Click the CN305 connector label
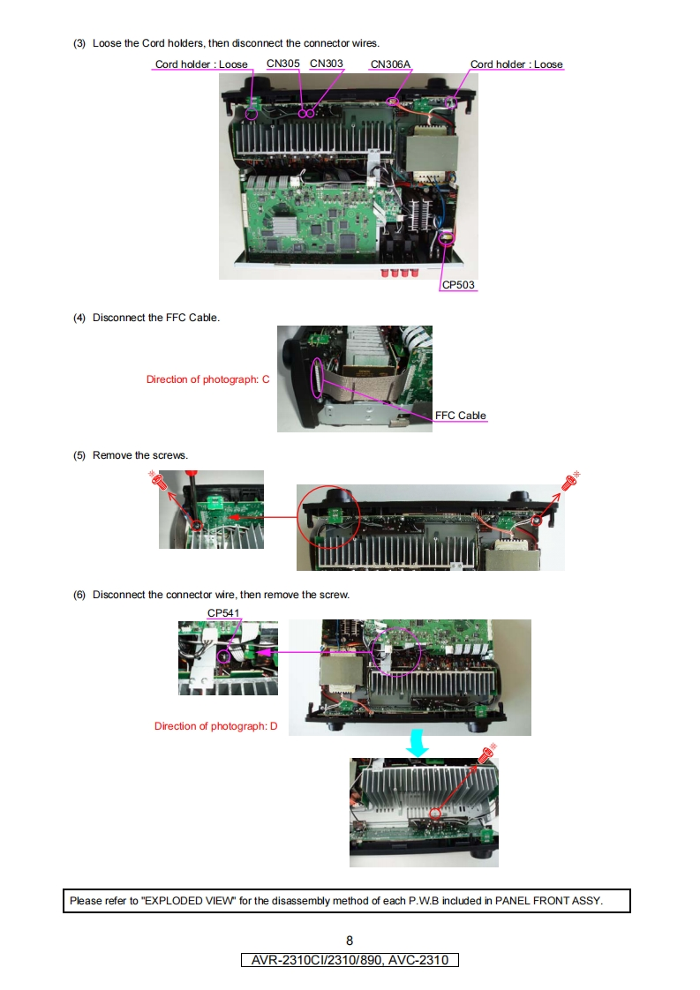tap(283, 64)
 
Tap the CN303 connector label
tap(326, 64)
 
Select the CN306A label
tap(390, 64)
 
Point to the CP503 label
tap(458, 285)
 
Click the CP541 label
tap(223, 613)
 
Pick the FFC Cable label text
tap(461, 416)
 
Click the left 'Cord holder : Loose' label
tap(201, 64)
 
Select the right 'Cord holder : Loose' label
tap(516, 64)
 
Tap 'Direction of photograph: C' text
tap(207, 379)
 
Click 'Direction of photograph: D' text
tap(216, 726)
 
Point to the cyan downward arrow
tap(418, 743)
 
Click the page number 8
tap(350, 941)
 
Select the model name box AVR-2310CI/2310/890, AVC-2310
tap(350, 960)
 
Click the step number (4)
tap(79, 318)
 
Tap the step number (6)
tap(79, 595)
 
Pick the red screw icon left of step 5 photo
tap(158, 481)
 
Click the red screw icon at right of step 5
tap(571, 481)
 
